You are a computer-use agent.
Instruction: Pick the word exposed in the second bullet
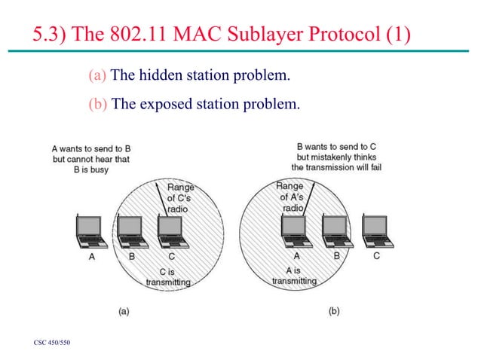[164, 103]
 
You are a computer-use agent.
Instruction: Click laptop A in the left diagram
[91, 231]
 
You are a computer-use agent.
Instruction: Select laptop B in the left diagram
[131, 231]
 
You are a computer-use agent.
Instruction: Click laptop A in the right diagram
[295, 231]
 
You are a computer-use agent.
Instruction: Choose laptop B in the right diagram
[335, 231]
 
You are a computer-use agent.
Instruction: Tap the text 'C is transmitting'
[168, 276]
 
